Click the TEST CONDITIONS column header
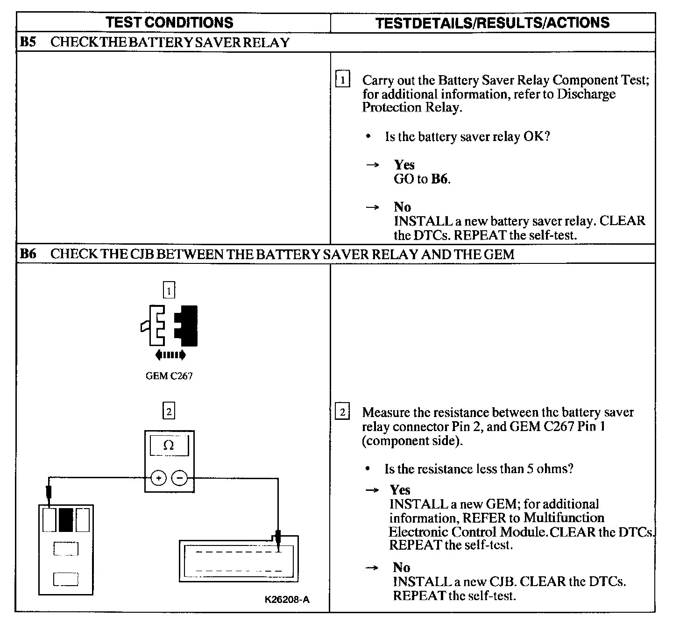click(x=169, y=22)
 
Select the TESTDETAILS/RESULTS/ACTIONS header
click(x=492, y=23)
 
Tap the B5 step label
click(x=28, y=42)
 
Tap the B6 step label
click(x=28, y=254)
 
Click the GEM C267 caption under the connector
click(x=169, y=376)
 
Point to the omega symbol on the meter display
click(x=169, y=446)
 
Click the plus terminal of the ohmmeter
click(x=159, y=478)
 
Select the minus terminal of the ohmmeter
click(x=180, y=478)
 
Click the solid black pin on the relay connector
click(x=66, y=520)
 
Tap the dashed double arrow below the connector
click(x=170, y=355)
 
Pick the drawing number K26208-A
click(x=287, y=600)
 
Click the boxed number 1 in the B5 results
click(x=342, y=80)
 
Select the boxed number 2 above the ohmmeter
click(x=169, y=411)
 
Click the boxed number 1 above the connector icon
click(x=169, y=291)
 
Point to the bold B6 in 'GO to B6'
click(x=439, y=179)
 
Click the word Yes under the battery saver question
click(x=404, y=165)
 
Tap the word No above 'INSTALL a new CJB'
click(x=401, y=567)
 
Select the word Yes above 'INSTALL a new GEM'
click(x=400, y=490)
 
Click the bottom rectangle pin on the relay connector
click(x=65, y=580)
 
